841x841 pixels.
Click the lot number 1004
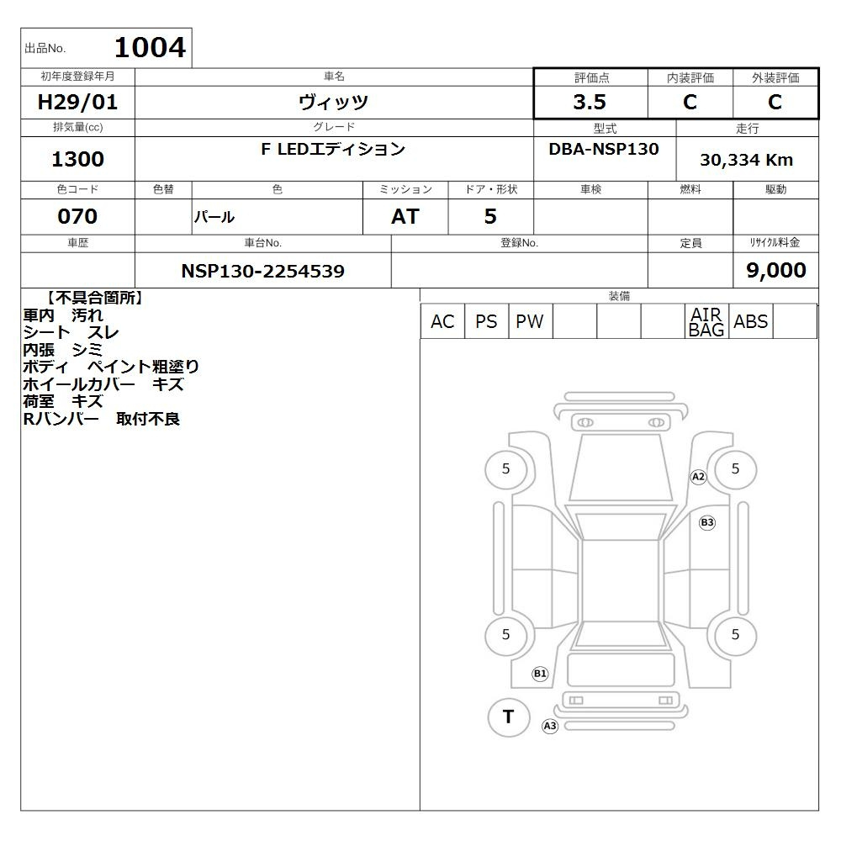[151, 47]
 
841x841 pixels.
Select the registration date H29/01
[77, 102]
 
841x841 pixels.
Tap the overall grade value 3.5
[590, 102]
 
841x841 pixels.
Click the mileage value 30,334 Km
[746, 160]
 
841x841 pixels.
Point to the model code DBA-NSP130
[603, 149]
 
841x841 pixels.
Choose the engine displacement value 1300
[77, 159]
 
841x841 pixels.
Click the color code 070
[77, 216]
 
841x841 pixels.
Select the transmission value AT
[405, 216]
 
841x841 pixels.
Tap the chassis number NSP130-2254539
[262, 271]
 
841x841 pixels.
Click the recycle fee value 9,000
[776, 270]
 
